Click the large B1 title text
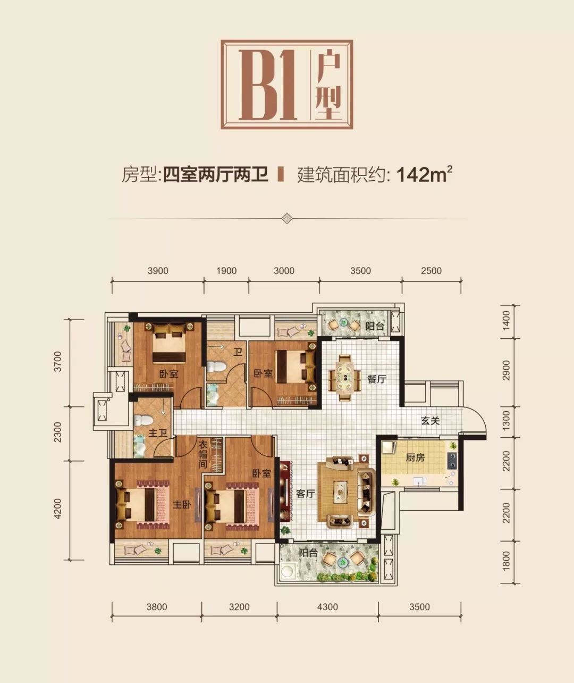(268, 85)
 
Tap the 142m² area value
(424, 174)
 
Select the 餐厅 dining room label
(377, 379)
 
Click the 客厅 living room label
(305, 494)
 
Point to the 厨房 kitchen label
(415, 457)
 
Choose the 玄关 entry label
(430, 421)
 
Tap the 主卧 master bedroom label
(182, 505)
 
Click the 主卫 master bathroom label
(157, 434)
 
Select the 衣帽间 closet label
(202, 454)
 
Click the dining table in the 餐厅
(345, 378)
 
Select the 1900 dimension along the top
(226, 271)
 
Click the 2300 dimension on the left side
(57, 432)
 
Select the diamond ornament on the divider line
(286, 218)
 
